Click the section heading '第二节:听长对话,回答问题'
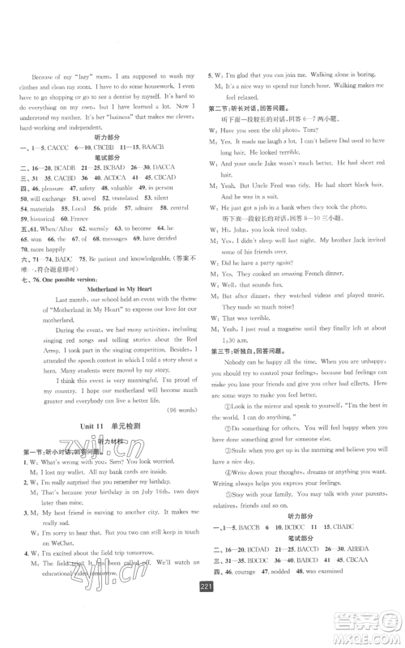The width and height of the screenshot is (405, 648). pyautogui.click(x=250, y=108)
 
